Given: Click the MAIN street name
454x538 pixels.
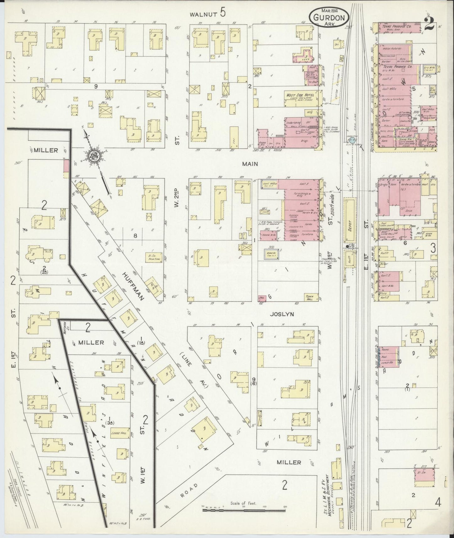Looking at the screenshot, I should click(250, 164).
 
